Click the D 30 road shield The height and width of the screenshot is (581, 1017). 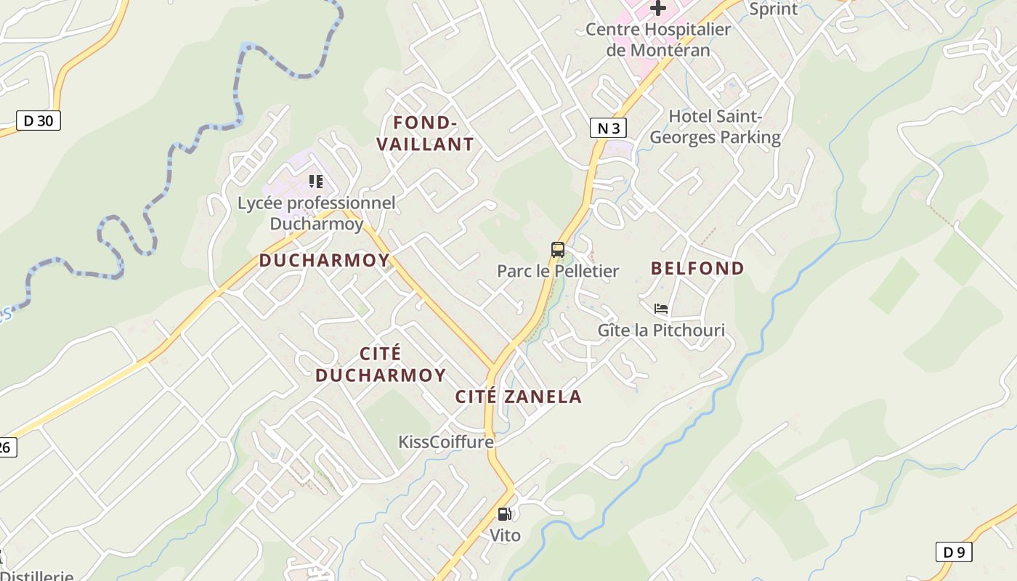[39, 121]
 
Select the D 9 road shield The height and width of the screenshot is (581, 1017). [953, 552]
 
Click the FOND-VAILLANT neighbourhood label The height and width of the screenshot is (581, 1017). [425, 133]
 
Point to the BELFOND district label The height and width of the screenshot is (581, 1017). [697, 268]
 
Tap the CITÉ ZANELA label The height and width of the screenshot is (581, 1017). [518, 397]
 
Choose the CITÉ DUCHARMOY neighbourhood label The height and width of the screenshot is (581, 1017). [381, 365]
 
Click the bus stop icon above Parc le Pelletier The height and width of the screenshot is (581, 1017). [558, 250]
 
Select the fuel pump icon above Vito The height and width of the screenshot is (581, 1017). [504, 514]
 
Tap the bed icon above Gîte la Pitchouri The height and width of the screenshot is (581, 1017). [661, 309]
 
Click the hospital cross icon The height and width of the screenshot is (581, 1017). [658, 8]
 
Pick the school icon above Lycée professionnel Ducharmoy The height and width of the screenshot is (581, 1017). [315, 181]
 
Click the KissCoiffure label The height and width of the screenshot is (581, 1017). [445, 442]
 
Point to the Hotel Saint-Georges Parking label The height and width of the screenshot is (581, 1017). [715, 126]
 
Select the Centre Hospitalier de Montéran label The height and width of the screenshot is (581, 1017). [658, 40]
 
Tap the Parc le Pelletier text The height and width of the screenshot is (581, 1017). [558, 271]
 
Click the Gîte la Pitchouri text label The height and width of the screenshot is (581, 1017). [661, 330]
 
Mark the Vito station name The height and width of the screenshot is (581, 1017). [505, 535]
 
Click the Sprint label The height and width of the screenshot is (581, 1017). [773, 9]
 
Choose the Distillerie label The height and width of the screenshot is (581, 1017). [36, 575]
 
